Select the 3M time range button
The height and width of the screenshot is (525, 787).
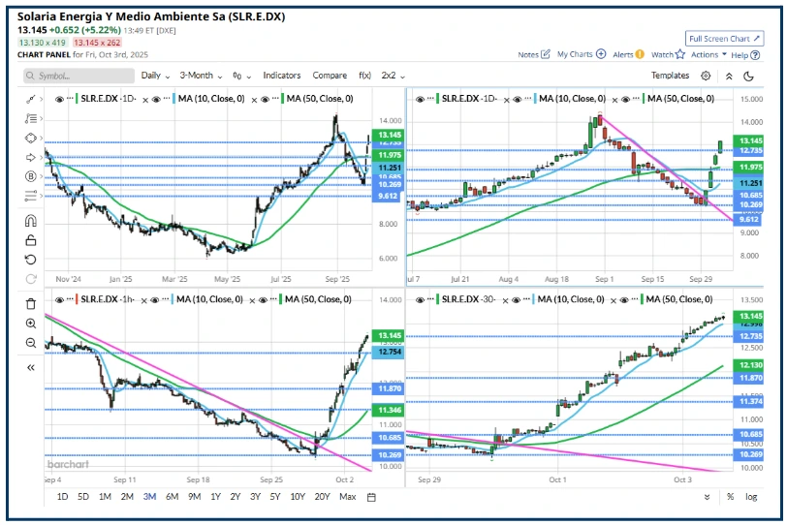click(x=148, y=497)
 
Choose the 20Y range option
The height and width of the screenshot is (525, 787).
click(x=323, y=497)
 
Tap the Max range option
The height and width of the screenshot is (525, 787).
click(x=348, y=497)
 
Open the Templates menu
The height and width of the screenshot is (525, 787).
click(x=670, y=76)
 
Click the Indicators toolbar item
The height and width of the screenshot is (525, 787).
click(x=281, y=76)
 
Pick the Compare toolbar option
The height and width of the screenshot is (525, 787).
click(x=330, y=76)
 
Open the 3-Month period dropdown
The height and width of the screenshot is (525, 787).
click(x=201, y=76)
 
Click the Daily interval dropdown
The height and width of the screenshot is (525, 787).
click(x=155, y=76)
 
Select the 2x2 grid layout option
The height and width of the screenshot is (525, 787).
click(x=393, y=76)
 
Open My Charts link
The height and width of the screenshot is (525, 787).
click(x=581, y=55)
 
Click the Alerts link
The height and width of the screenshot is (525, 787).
click(x=628, y=55)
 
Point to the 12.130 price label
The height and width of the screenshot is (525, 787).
click(x=749, y=364)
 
